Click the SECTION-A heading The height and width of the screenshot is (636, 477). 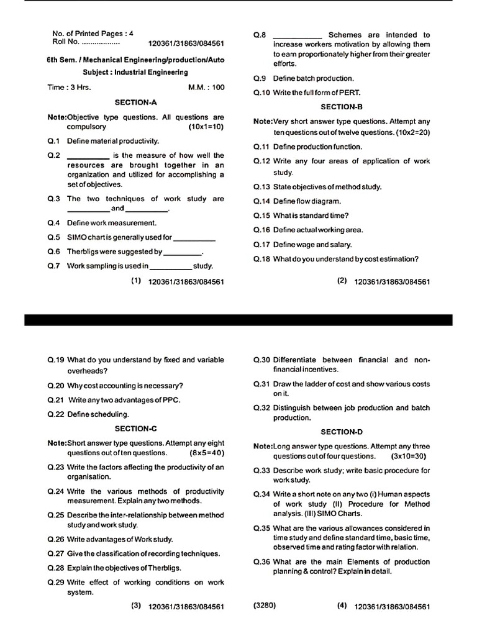point(136,102)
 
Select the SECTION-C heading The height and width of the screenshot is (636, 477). point(136,429)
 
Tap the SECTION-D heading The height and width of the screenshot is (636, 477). point(342,432)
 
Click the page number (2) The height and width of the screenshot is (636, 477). point(342,281)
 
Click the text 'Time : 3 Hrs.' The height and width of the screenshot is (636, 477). point(70,88)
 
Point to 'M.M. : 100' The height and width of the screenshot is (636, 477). point(206,88)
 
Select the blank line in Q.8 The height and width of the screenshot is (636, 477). point(297,35)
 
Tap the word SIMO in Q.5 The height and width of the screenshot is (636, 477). point(77,237)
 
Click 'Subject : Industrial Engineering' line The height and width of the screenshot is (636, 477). point(135,72)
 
